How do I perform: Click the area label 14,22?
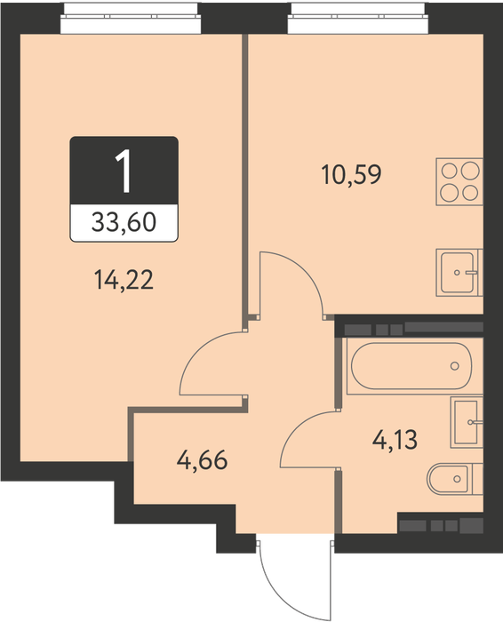coord(124,281)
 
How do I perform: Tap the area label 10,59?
coord(351,174)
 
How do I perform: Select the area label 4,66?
coord(203,460)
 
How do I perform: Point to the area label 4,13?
coord(395,440)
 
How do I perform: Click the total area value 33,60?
coord(124,222)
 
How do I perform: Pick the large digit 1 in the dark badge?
coord(124,171)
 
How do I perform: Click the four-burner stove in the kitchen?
coord(459,181)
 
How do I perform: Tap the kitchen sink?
coord(459,273)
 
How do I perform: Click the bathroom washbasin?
coord(467,422)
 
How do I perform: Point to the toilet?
coord(455,479)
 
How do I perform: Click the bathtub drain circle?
coord(455,366)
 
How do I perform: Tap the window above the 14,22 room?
coord(131,18)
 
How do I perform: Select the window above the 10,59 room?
coord(358,18)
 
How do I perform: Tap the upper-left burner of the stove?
coord(450,171)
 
